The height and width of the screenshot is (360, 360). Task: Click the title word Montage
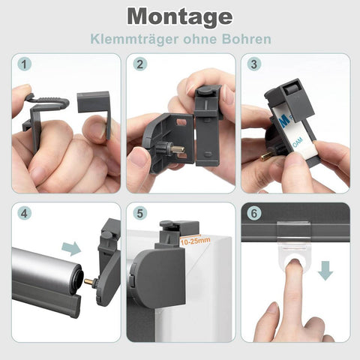[x=180, y=16]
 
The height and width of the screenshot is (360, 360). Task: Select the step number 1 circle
[x=24, y=64]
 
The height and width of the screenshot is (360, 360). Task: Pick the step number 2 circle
[x=140, y=64]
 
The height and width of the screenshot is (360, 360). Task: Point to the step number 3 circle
[x=254, y=64]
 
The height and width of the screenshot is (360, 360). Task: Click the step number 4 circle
[x=24, y=214]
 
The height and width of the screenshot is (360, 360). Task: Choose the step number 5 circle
[x=140, y=214]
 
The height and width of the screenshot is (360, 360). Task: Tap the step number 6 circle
[x=254, y=214]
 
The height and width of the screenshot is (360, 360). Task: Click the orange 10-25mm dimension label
[x=195, y=241]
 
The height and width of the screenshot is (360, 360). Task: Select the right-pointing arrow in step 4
[x=71, y=249]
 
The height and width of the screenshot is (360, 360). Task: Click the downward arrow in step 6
[x=325, y=271]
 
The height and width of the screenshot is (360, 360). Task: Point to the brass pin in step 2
[x=178, y=149]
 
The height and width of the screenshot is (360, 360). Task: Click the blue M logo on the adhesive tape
[x=285, y=121]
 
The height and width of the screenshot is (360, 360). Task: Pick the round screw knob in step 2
[x=205, y=90]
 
